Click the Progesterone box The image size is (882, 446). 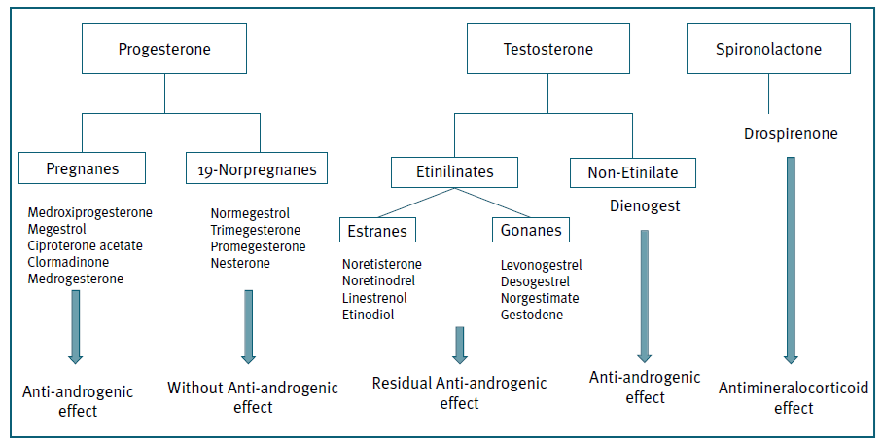164,49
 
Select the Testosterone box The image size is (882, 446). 547,49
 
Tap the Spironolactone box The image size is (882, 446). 768,48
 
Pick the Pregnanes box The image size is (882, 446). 83,168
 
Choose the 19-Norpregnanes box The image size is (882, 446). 257,169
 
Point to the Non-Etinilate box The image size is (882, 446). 632,173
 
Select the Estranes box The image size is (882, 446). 377,231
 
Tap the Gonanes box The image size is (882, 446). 531,231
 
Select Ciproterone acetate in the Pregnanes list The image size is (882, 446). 86,245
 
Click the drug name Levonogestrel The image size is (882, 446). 542,264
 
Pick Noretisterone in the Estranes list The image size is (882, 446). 382,264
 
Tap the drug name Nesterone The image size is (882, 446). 240,263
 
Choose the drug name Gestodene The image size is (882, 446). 532,314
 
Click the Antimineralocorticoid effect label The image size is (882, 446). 794,398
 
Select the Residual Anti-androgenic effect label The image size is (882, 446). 459,392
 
